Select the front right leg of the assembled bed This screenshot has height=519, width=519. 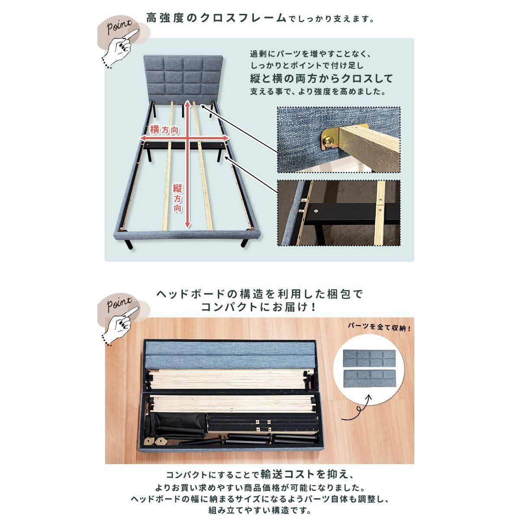point(245,242)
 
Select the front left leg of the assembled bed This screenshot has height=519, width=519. point(129,244)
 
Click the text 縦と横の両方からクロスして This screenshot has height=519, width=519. point(322,79)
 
